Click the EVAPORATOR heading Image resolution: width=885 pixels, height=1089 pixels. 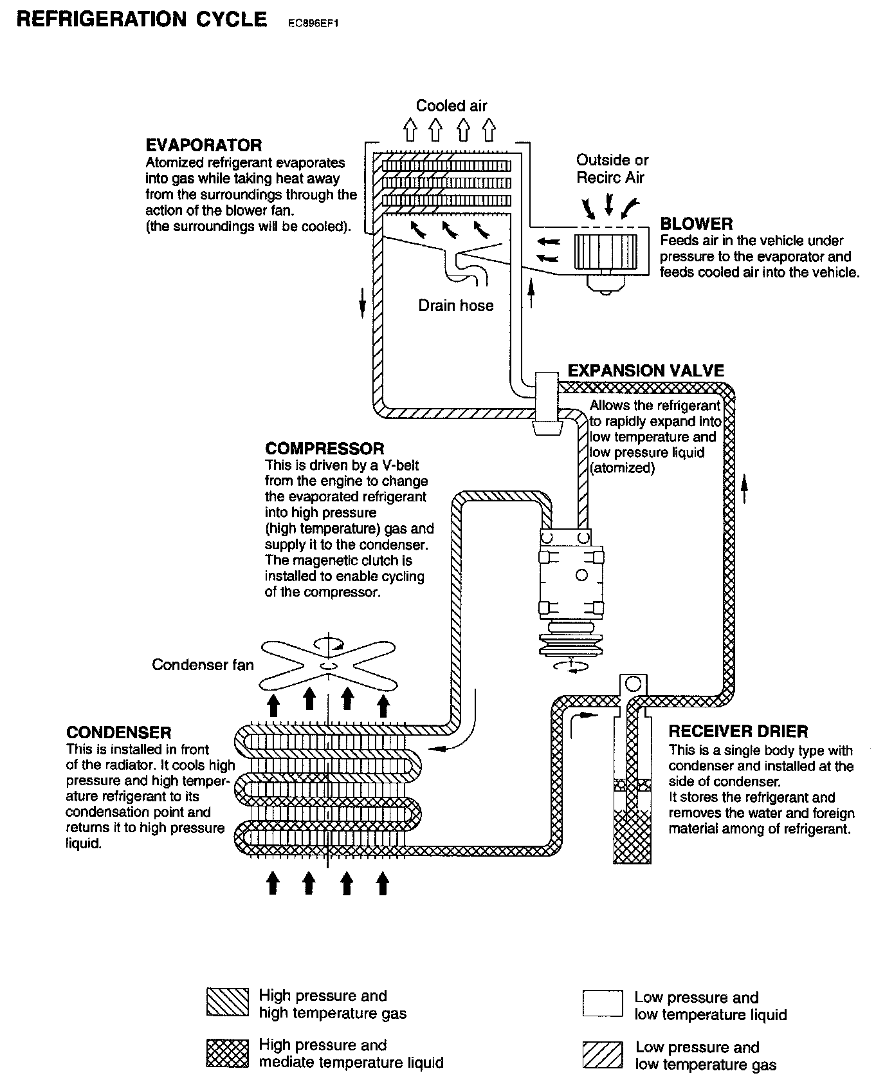coord(203,145)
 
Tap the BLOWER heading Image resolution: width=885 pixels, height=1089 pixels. coord(696,224)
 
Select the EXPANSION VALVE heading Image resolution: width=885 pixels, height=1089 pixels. coord(645,371)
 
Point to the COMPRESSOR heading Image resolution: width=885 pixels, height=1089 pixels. coord(324,449)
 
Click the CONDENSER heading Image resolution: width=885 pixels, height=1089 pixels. coord(118,732)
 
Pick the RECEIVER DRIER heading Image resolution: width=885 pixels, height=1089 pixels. coord(738,732)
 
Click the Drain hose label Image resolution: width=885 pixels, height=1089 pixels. coord(455,305)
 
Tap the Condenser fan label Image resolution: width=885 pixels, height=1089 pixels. coord(203,665)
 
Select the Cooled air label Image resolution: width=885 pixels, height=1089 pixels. coord(451,106)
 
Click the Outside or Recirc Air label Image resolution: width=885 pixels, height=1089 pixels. coord(612,169)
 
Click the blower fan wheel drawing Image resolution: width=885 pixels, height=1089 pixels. coord(605,250)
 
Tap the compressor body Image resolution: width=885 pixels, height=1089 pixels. coord(571,576)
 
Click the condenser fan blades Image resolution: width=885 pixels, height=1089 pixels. coord(329,665)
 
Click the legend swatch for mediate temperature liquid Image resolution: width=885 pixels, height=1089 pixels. coord(227,1053)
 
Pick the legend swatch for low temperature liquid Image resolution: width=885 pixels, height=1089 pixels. coord(603,1003)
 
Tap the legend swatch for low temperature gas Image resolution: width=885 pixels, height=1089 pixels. coord(603,1054)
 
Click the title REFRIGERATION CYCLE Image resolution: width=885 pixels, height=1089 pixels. coord(141,19)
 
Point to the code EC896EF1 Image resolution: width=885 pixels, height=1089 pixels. coord(313,23)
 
